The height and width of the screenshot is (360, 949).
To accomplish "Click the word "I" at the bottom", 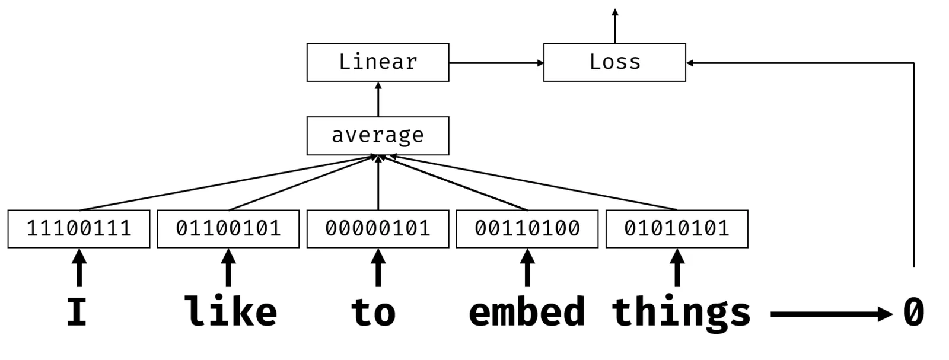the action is click(77, 312).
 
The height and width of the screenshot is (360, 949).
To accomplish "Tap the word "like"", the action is click(231, 311).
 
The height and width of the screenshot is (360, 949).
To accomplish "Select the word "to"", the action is click(373, 313).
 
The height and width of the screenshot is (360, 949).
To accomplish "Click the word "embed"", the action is click(527, 311).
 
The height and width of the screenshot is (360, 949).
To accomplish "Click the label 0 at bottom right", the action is click(914, 312).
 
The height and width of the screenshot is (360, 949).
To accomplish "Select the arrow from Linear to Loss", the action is click(496, 63).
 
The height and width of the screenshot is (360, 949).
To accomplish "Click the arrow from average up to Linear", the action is click(378, 99).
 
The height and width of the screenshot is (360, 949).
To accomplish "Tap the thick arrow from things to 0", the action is click(832, 314).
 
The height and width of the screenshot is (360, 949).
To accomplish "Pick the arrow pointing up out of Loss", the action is click(615, 26).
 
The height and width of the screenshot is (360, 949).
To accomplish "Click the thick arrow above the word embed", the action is click(527, 267).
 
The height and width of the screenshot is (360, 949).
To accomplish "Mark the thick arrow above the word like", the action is click(229, 267).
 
